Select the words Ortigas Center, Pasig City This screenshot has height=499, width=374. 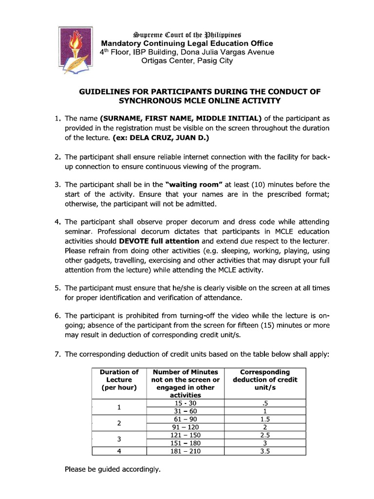(x=187, y=61)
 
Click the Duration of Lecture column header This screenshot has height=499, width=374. (x=119, y=380)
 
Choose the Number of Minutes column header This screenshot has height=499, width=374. (x=186, y=384)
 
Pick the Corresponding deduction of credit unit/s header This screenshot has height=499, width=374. (x=265, y=380)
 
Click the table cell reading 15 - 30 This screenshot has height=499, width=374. (x=186, y=403)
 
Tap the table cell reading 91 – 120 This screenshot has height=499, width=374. (x=186, y=427)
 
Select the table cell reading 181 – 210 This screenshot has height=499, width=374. (x=186, y=451)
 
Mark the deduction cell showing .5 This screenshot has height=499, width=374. (x=265, y=403)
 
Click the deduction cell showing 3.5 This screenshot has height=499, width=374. (x=265, y=451)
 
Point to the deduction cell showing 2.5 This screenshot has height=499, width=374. (x=265, y=435)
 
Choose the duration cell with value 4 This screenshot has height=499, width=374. (x=119, y=451)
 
